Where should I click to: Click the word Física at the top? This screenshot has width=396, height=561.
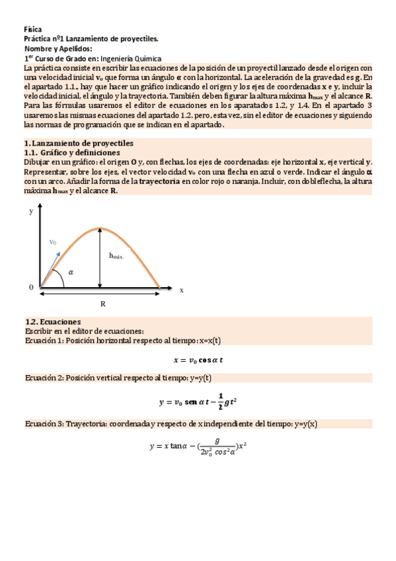click(x=32, y=30)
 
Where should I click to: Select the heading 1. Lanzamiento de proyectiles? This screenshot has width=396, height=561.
click(x=79, y=143)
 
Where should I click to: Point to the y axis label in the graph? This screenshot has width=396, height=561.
click(x=30, y=212)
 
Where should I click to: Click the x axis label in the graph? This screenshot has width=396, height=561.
click(x=181, y=290)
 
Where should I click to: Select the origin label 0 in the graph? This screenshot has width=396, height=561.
click(x=30, y=287)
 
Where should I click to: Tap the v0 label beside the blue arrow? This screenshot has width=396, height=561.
click(x=54, y=242)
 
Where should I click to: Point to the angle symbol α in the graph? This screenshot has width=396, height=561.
click(x=71, y=272)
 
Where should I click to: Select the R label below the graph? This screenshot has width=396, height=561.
click(x=103, y=303)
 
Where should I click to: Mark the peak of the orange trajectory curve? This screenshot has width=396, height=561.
click(x=100, y=228)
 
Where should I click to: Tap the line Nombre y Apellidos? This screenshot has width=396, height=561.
click(x=58, y=49)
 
